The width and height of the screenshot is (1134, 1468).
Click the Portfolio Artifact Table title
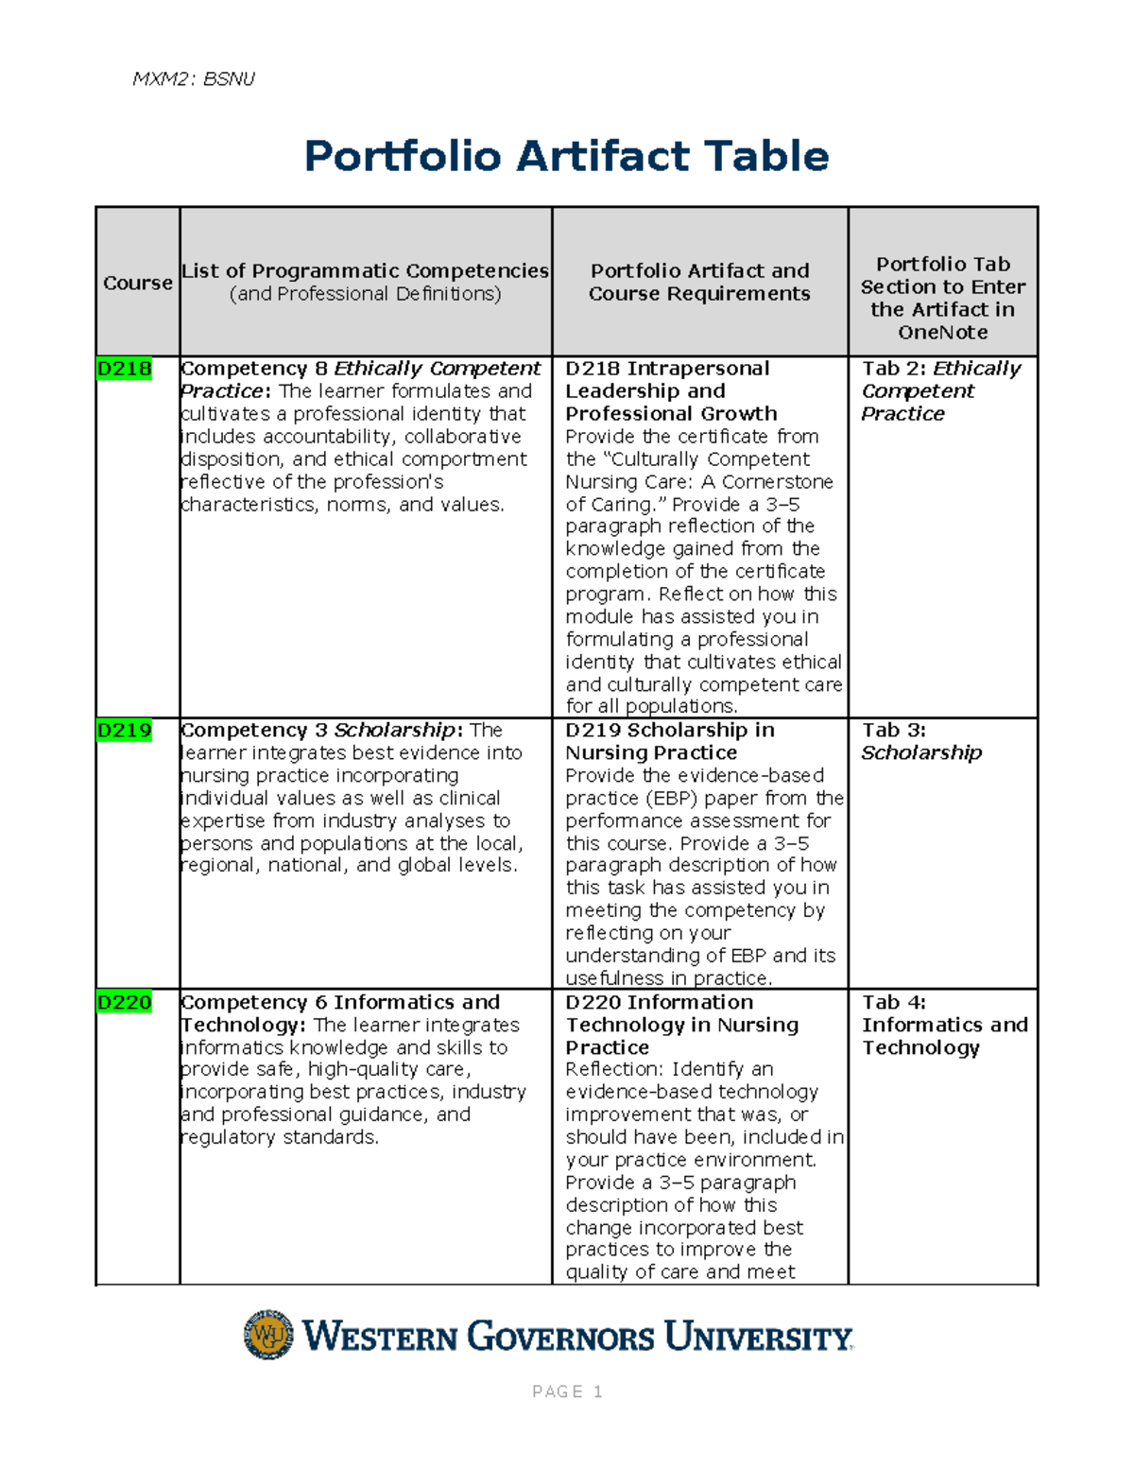[x=566, y=157]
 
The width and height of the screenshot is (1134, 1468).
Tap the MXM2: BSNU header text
[x=194, y=78]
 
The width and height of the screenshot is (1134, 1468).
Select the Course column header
[x=138, y=283]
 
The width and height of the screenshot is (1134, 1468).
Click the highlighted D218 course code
[x=124, y=369]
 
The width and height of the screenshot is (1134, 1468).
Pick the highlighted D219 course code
[x=124, y=731]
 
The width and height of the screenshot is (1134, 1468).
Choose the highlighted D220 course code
[x=124, y=1002]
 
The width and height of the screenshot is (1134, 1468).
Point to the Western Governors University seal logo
[x=268, y=1335]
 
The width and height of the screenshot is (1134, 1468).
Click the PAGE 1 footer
[x=567, y=1391]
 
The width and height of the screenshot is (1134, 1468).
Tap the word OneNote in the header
[x=943, y=333]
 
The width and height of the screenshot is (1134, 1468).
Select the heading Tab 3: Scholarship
[x=921, y=741]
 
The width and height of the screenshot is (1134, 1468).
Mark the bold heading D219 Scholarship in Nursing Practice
[x=669, y=741]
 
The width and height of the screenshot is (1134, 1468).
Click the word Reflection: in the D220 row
[x=615, y=1069]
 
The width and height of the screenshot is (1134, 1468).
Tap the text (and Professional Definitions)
[x=365, y=294]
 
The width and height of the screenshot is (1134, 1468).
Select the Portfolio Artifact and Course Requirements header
[x=699, y=282]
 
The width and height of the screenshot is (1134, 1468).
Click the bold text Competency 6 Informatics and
[x=340, y=1002]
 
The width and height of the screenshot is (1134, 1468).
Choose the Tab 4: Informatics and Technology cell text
[x=944, y=1025]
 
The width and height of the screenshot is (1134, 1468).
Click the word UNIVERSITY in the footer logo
[x=758, y=1338]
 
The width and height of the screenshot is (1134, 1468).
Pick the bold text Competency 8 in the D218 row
[x=253, y=369]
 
